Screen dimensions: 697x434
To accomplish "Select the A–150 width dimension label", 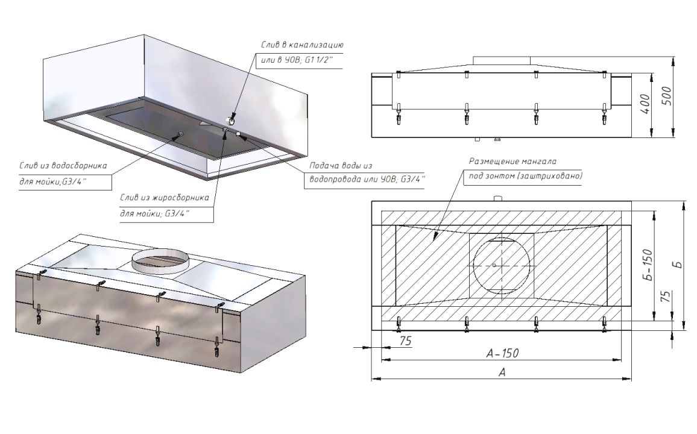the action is coord(502,353).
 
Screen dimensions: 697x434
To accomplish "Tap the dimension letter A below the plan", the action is coord(502,373).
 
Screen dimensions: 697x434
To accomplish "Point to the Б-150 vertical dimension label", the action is coord(648,264).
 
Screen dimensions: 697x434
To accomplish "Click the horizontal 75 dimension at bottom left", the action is coord(405,341).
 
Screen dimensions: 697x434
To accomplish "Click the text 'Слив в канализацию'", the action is coord(302,45).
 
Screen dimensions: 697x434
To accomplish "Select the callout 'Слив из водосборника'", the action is coord(63,166).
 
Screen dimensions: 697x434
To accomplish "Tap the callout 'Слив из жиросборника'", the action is coord(165,198).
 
